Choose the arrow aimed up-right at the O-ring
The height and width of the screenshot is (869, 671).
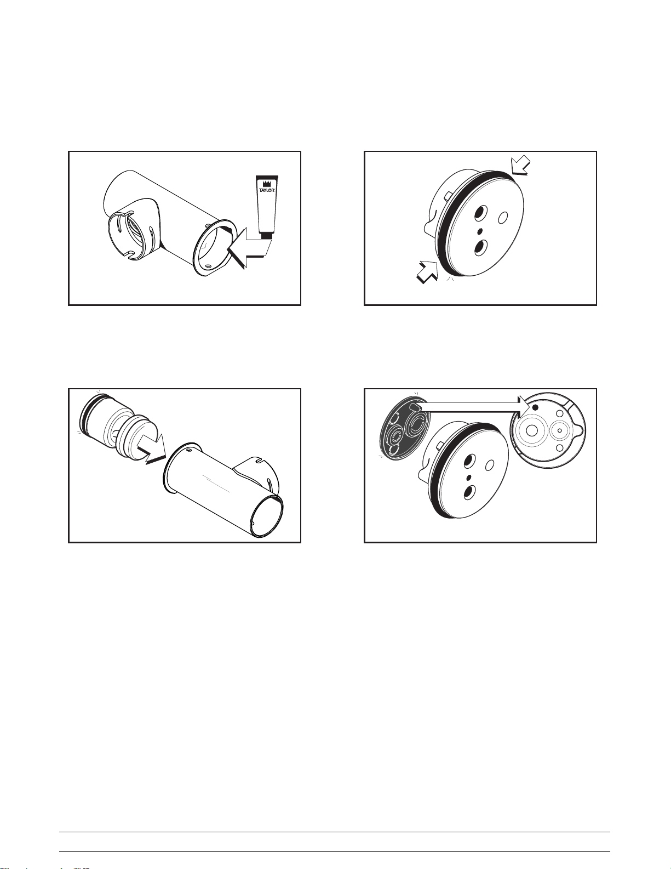tap(427, 271)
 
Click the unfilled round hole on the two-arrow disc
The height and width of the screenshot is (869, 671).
tap(502, 218)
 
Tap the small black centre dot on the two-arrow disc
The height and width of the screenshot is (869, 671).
tap(480, 231)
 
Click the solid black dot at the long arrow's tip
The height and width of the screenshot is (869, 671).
tap(536, 407)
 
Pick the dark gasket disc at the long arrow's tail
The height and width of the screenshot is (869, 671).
tap(405, 427)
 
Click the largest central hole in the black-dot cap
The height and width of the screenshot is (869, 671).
tap(532, 430)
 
